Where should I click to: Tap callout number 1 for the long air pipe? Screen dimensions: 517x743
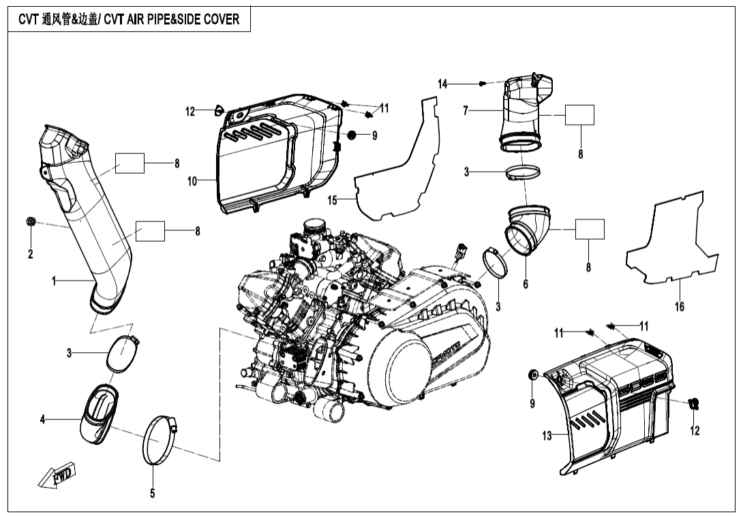pos(55,281)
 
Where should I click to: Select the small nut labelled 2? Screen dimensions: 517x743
pos(31,222)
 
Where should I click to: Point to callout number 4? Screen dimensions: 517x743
pos(42,420)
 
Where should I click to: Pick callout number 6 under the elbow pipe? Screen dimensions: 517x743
pos(526,284)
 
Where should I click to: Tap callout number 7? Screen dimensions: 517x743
pos(466,110)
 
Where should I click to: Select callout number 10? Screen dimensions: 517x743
pos(192,181)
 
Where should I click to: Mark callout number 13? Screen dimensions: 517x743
pos(547,436)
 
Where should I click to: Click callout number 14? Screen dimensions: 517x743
pos(443,84)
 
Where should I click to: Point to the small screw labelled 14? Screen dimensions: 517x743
pos(483,83)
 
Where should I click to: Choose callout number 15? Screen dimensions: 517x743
pos(332,200)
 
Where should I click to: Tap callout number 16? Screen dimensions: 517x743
pos(680,307)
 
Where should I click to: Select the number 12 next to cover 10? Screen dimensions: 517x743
pos(190,112)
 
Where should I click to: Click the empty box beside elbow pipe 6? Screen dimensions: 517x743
pos(590,230)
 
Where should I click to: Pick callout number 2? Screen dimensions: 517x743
pos(30,254)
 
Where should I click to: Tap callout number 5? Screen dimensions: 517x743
pos(152,493)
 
